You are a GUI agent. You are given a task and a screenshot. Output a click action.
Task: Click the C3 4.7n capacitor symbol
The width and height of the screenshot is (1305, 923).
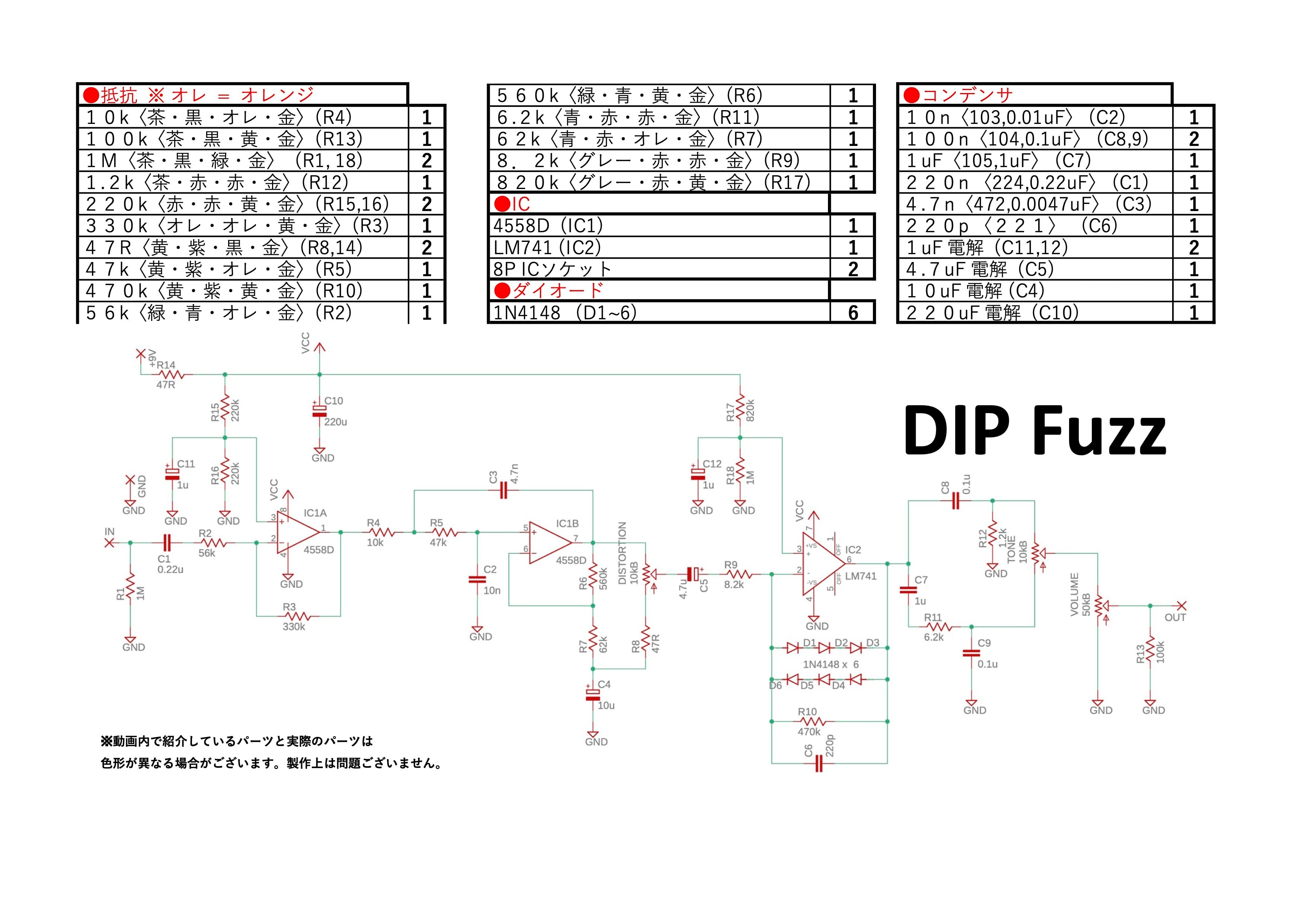pos(503,491)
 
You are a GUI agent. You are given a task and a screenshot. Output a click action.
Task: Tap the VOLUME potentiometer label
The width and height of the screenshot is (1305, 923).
pos(1074,594)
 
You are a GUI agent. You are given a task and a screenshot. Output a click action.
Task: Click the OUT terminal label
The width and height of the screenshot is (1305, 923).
pos(1176,618)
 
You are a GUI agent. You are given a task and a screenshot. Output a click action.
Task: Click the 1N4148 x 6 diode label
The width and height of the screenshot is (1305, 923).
pos(831,664)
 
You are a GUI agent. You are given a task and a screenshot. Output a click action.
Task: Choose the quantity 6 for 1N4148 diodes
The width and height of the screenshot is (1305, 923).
pos(853,313)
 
